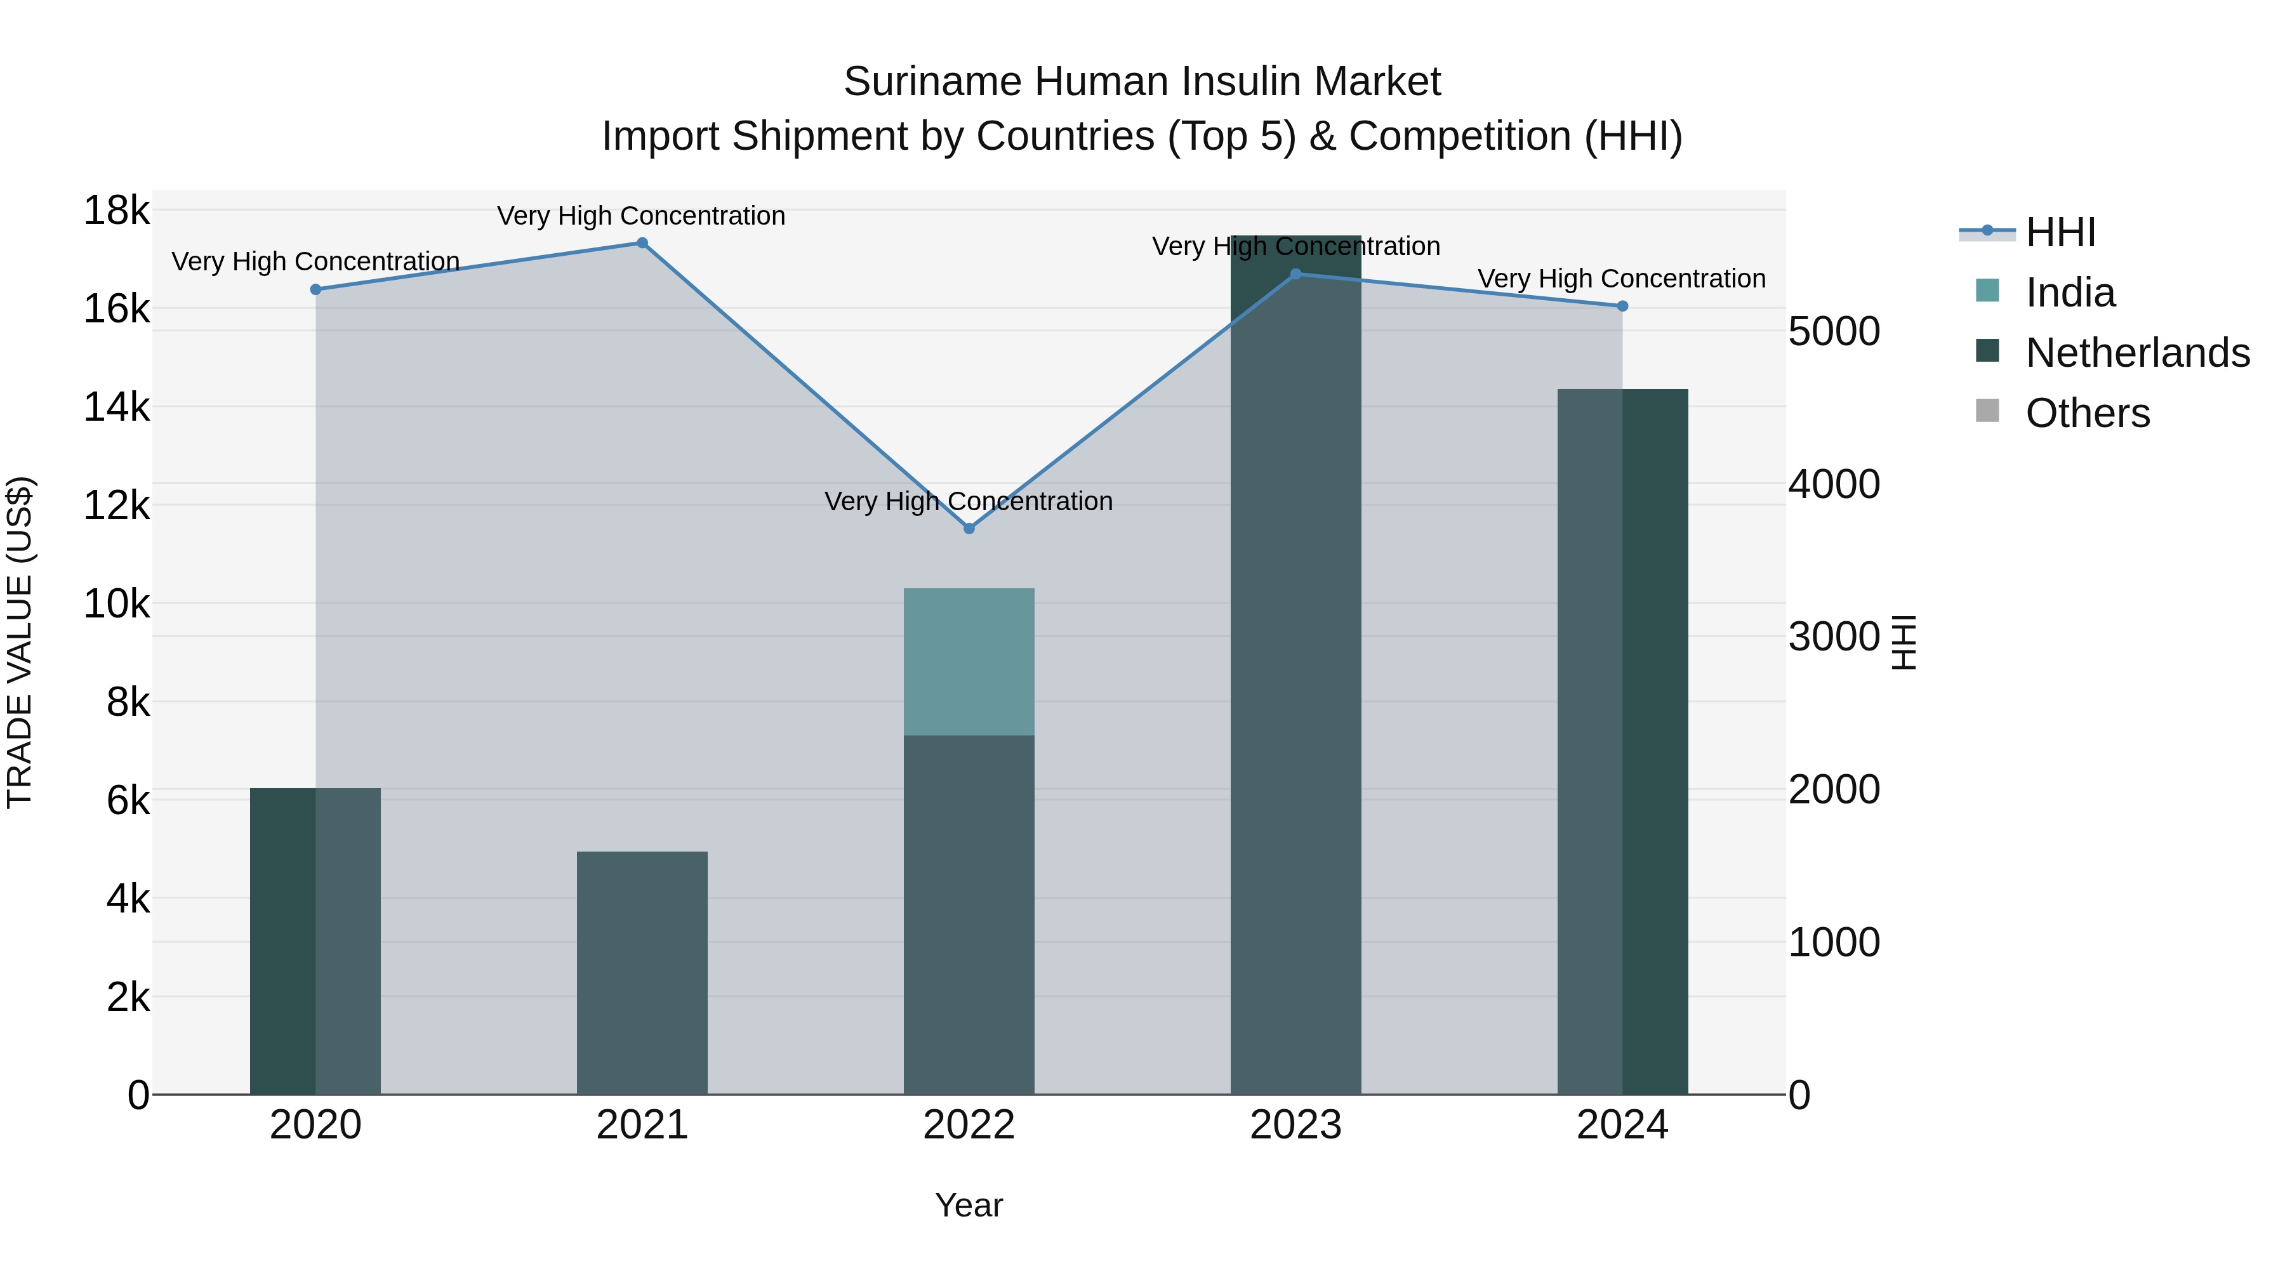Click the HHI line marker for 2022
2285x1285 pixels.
click(x=969, y=529)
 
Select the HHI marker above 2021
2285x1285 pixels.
click(x=642, y=243)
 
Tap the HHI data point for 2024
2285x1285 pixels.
click(x=1622, y=306)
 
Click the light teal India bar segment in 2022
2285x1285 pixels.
click(x=969, y=662)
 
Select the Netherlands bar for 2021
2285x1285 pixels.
click(x=642, y=973)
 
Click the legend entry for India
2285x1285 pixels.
click(x=2069, y=293)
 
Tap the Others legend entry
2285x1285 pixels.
click(x=2087, y=413)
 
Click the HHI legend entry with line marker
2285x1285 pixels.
click(x=2060, y=232)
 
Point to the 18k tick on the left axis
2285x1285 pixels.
click(x=116, y=211)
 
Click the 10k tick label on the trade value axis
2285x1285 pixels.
click(x=116, y=605)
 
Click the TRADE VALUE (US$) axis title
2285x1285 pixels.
click(x=20, y=642)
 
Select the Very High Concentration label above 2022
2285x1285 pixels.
click(x=969, y=502)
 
